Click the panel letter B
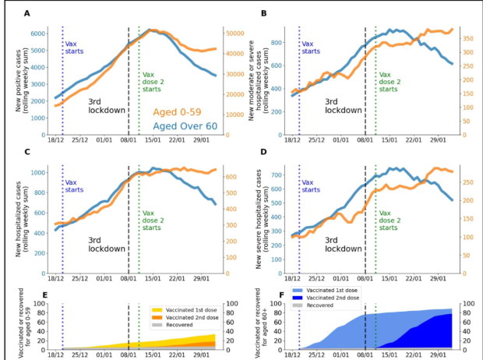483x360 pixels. (x=263, y=14)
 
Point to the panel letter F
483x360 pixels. (x=263, y=297)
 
